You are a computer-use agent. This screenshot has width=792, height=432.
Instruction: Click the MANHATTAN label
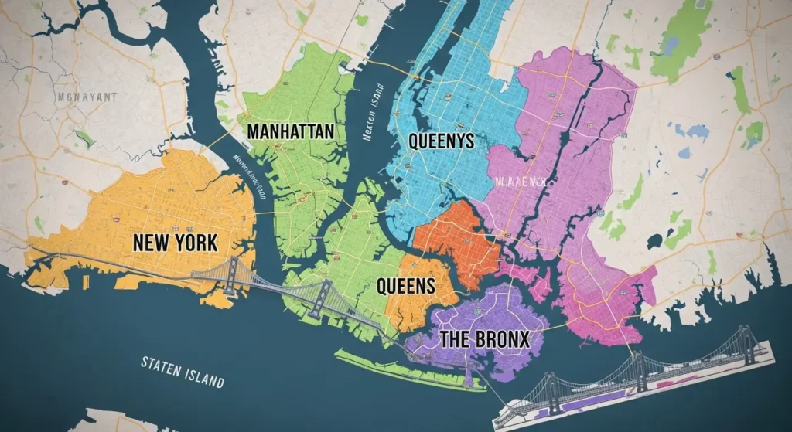pos(290,131)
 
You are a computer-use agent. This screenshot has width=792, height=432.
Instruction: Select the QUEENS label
pos(405,286)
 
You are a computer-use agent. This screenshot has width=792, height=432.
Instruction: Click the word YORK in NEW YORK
pos(193,242)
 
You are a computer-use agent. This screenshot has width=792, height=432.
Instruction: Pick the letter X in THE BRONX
pos(523,338)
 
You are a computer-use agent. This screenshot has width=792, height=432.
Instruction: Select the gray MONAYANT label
pos(87,97)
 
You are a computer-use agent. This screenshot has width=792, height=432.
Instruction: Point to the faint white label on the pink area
pos(520,183)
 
